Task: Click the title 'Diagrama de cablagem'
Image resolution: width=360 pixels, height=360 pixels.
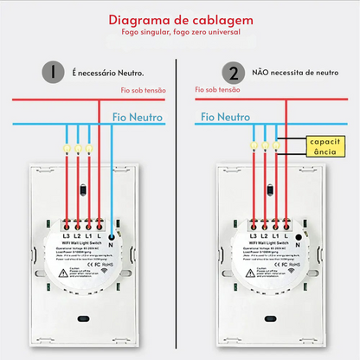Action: tap(179, 20)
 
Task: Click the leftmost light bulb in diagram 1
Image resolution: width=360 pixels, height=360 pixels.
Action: tap(67, 148)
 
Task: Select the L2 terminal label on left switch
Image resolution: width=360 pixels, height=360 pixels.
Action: tap(77, 236)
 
